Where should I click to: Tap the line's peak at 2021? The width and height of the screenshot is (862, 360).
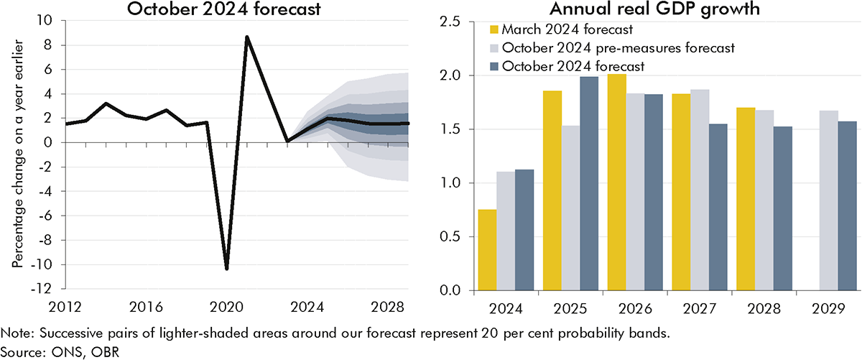247,37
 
